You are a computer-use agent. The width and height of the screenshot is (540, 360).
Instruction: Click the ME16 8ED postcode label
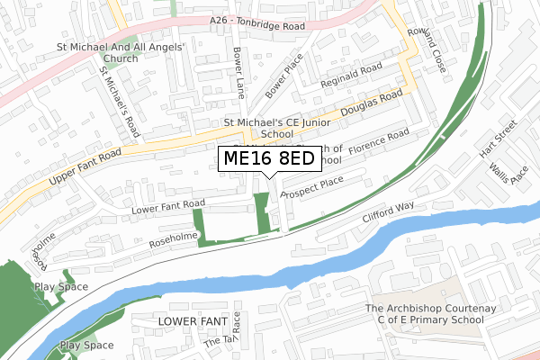click(267, 159)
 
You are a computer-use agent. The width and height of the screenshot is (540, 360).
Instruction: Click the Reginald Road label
click(356, 74)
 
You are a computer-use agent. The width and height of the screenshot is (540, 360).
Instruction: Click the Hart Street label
click(497, 139)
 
